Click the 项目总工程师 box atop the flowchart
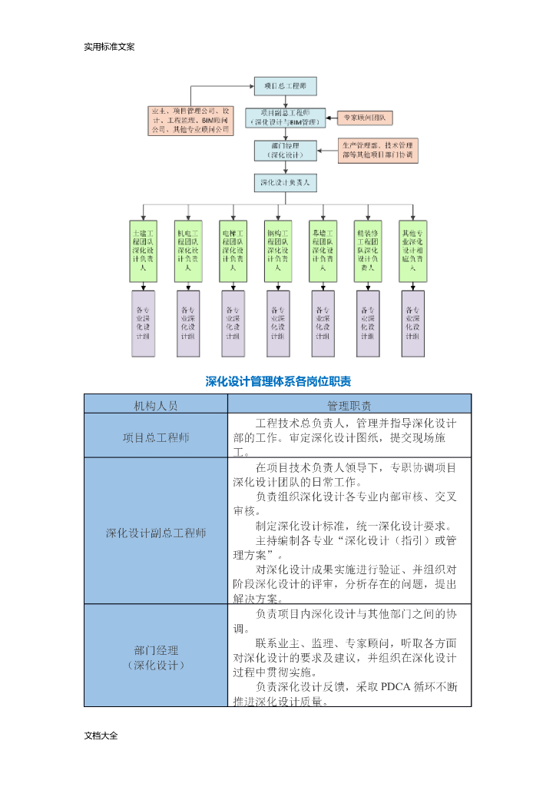click(285, 86)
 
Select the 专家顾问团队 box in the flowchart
click(365, 118)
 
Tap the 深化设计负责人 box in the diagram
click(285, 183)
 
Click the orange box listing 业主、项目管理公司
click(191, 121)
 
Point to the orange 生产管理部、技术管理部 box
click(377, 150)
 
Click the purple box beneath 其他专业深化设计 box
click(412, 324)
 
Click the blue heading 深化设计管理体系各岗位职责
click(278, 381)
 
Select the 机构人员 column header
click(156, 404)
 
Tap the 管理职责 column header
click(349, 404)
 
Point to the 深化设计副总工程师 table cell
click(156, 533)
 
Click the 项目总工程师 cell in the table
click(156, 437)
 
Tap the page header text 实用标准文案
click(109, 47)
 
